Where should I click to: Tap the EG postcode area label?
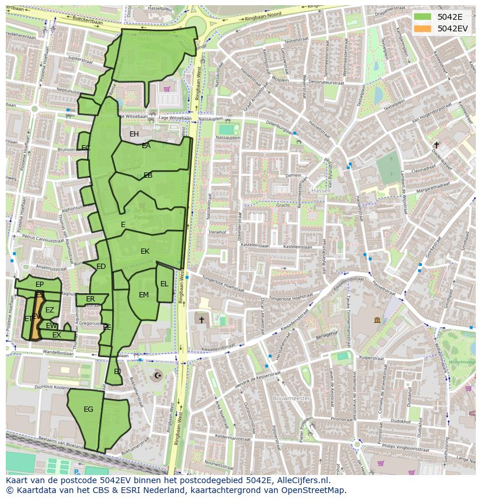88,409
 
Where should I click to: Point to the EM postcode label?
143,295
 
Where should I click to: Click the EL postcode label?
164,284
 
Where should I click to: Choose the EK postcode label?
145,251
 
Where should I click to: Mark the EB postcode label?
148,175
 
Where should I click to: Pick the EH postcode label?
134,134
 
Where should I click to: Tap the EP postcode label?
40,285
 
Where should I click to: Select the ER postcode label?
90,299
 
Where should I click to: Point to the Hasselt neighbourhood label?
321,190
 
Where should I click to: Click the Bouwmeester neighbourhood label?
292,399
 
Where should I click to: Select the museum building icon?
377,320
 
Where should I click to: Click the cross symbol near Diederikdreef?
436,145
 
